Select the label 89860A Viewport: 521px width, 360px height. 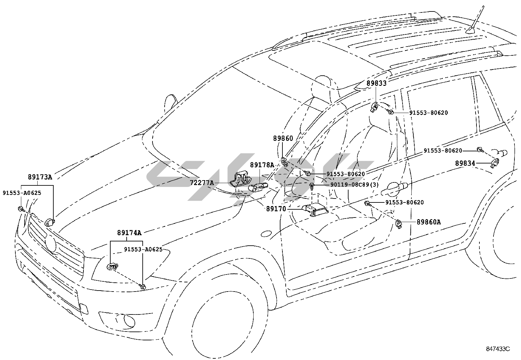pyautogui.click(x=428, y=222)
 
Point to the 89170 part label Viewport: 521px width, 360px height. pyautogui.click(x=276, y=209)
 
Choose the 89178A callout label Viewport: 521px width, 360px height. pyautogui.click(x=262, y=165)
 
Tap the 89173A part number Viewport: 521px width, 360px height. pyautogui.click(x=40, y=177)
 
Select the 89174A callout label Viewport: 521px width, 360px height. pyautogui.click(x=129, y=233)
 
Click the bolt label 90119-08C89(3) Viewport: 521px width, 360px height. pyautogui.click(x=354, y=185)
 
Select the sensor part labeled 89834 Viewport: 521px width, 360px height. pyautogui.click(x=496, y=162)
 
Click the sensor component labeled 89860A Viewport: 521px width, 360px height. pyautogui.click(x=399, y=223)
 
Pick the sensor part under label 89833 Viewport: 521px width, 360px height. pyautogui.click(x=375, y=107)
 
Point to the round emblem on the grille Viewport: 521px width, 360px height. pyautogui.click(x=51, y=244)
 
